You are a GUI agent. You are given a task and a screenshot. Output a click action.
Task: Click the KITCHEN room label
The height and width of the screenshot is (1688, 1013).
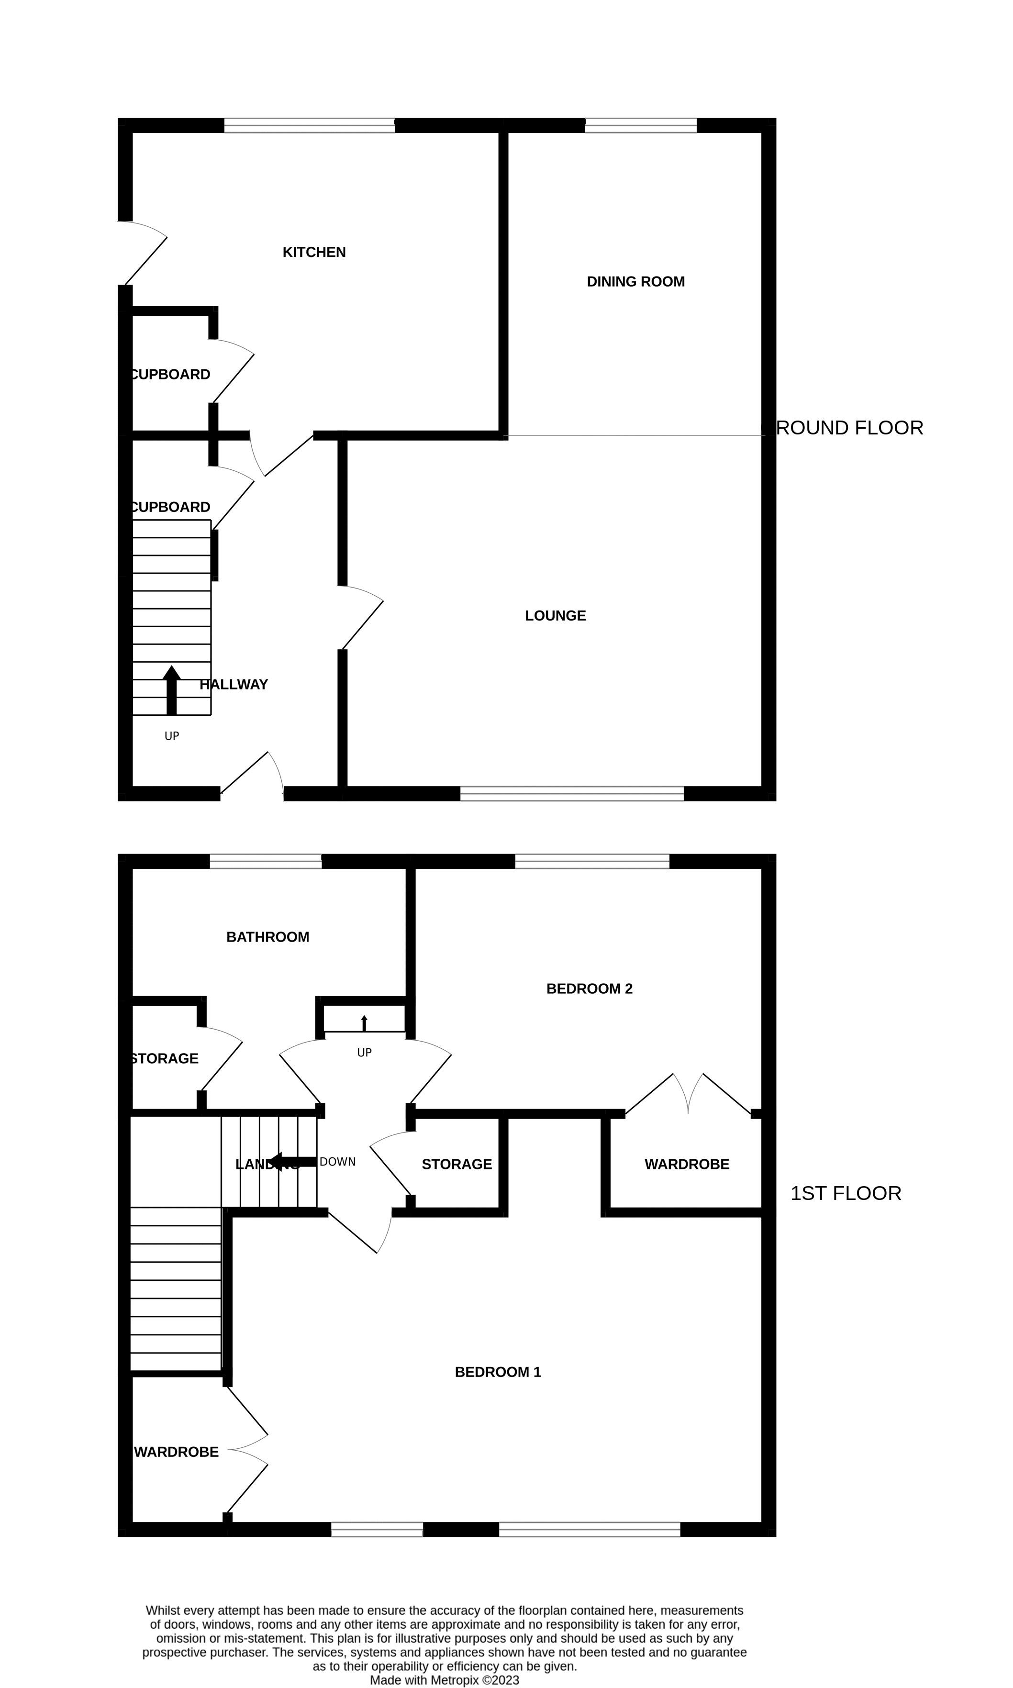[x=314, y=252]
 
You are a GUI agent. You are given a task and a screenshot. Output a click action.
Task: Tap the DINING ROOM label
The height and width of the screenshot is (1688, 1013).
[x=635, y=281]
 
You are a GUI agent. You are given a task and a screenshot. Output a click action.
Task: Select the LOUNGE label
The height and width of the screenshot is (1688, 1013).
[x=555, y=615]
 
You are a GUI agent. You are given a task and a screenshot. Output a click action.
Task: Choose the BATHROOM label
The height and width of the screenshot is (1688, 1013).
[x=267, y=936]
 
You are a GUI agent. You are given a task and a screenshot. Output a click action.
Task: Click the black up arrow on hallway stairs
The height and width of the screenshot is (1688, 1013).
[x=171, y=690]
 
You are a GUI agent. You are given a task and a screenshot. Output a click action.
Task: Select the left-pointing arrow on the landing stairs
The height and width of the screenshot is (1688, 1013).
[x=292, y=1161]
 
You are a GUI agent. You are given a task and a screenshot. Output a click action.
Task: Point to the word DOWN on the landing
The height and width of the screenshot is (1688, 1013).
[x=337, y=1161]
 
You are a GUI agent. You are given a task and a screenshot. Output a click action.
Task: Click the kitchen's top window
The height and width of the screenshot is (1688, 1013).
[x=309, y=125]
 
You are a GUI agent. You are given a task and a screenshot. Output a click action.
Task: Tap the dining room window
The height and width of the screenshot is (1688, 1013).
[x=640, y=125]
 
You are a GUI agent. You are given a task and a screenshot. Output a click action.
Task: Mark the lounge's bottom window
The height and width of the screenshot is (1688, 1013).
[x=571, y=793]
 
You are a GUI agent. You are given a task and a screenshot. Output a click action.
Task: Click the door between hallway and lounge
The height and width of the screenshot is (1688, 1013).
[x=361, y=618]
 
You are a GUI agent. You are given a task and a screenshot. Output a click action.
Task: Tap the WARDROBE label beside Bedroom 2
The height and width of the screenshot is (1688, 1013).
[x=687, y=1164]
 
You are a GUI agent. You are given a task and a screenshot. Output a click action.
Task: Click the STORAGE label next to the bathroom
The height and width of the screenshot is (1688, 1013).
[x=165, y=1058]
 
